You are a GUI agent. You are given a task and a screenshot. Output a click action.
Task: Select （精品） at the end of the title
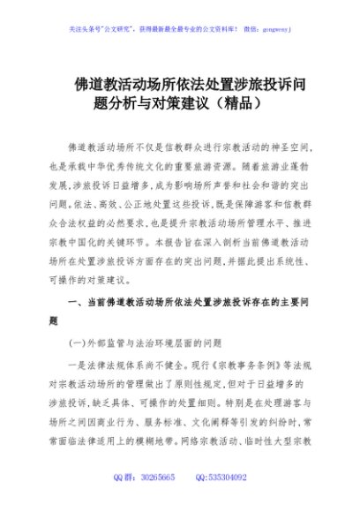[236, 102]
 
